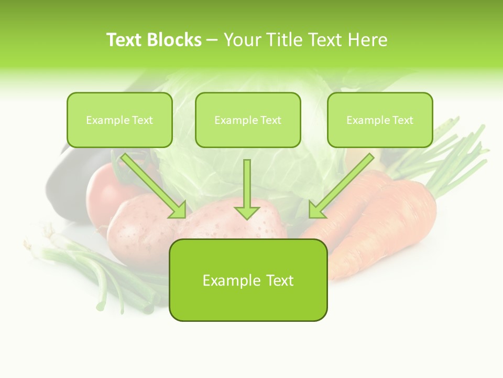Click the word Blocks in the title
tap(174, 40)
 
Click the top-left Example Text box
tap(119, 120)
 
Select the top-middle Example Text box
tap(248, 120)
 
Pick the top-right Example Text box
tap(380, 120)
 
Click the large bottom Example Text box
tap(248, 280)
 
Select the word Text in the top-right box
tap(402, 120)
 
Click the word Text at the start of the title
tap(124, 40)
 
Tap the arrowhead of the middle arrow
tap(247, 212)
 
